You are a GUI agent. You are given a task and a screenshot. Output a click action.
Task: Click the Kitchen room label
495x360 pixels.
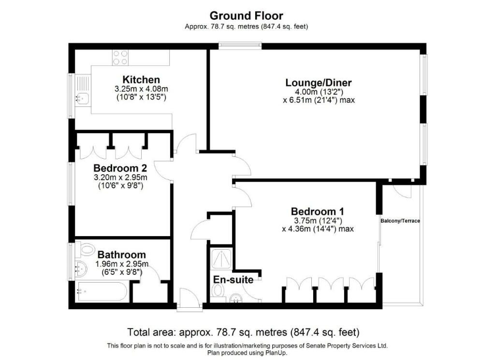coord(141,80)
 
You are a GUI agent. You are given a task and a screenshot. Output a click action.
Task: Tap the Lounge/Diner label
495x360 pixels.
coord(318,83)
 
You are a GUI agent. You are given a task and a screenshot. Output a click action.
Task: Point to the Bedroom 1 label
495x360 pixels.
coord(317,211)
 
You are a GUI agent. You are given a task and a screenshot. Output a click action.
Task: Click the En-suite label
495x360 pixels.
coord(233,280)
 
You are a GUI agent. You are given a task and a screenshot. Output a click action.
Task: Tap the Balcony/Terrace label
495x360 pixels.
coord(400,221)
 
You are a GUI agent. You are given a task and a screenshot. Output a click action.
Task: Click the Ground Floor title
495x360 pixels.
coord(246,15)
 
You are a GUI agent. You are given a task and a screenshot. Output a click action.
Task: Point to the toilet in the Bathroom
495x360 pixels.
coord(85,250)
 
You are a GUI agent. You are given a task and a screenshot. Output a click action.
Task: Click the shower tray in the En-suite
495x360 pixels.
coord(221,259)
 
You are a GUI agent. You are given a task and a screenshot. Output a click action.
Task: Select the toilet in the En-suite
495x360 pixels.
coord(217,291)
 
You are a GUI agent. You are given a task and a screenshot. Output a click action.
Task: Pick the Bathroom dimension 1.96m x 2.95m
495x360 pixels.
coord(122,264)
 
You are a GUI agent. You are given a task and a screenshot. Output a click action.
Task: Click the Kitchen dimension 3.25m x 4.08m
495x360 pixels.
coord(141,89)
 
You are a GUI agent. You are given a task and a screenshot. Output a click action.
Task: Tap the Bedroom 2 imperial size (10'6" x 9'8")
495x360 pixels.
coord(121,185)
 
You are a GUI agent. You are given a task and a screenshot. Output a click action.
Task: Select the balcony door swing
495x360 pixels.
coord(402,192)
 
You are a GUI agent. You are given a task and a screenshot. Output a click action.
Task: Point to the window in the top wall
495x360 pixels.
coord(240,46)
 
